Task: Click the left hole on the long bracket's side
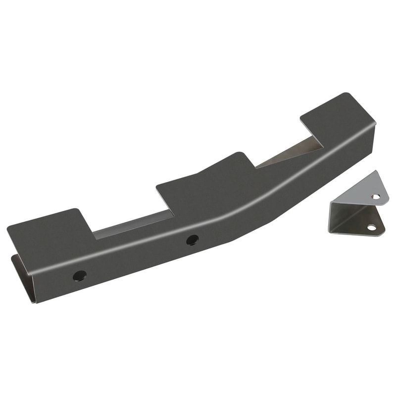[79, 276]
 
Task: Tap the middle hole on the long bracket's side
[192, 240]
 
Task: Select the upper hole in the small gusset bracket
[376, 197]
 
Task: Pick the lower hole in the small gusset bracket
[371, 228]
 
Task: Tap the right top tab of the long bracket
[337, 114]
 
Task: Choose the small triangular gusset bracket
[359, 208]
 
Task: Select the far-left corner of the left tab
[9, 229]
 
